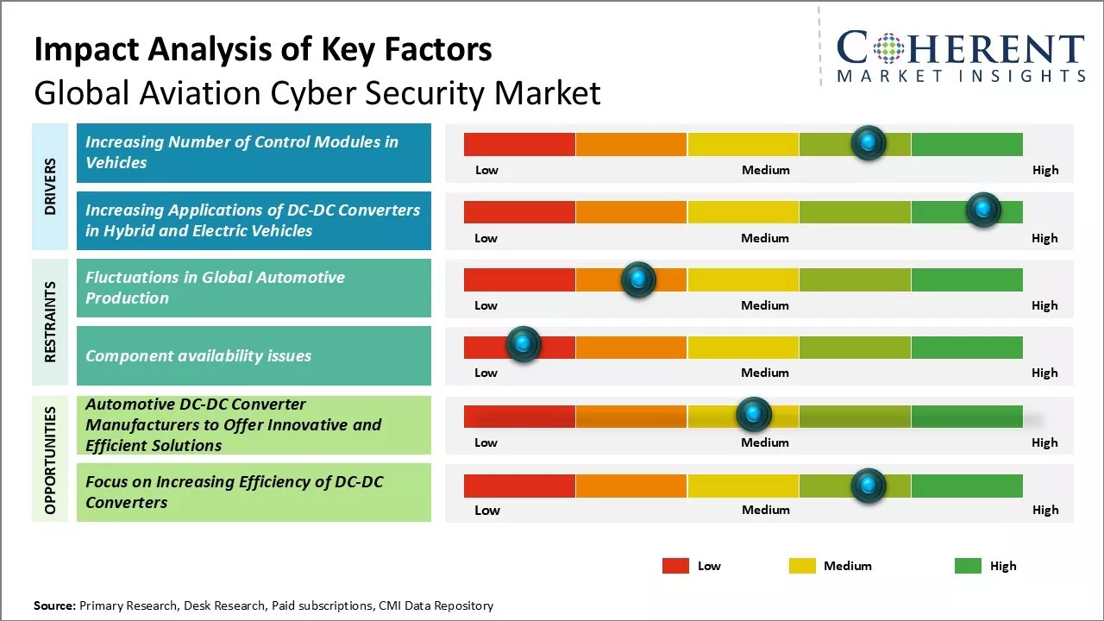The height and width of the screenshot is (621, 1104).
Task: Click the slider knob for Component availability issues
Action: (x=523, y=345)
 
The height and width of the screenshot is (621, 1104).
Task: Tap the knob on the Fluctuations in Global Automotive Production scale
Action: (x=638, y=279)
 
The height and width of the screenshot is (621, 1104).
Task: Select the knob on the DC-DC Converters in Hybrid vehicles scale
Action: (x=982, y=210)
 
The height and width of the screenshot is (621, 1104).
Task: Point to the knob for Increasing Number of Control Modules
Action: (x=869, y=142)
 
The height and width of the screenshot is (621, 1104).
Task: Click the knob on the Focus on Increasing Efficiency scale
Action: (x=869, y=486)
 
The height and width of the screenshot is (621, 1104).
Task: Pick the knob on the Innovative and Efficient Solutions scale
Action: (x=754, y=415)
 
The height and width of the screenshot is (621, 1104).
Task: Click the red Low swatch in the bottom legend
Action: (x=675, y=566)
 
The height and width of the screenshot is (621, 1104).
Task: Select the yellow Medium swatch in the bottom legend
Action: (x=802, y=566)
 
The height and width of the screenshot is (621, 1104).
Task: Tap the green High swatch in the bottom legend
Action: (x=968, y=566)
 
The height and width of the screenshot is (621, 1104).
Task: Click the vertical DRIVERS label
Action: (x=51, y=186)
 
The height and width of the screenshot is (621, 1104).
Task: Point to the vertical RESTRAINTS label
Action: (x=51, y=322)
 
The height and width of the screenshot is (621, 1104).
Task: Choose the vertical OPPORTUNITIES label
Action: (x=51, y=460)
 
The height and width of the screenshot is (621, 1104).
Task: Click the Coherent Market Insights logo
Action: (x=960, y=57)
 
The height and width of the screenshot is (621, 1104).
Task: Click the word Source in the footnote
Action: (x=54, y=605)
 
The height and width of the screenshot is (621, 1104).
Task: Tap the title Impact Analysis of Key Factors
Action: (x=263, y=49)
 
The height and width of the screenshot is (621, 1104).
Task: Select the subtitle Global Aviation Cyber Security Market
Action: (x=317, y=92)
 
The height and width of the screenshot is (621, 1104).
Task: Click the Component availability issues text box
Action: (x=254, y=355)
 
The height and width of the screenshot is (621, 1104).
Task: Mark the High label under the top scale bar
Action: (x=1045, y=170)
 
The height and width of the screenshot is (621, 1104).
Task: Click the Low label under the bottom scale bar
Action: (x=487, y=510)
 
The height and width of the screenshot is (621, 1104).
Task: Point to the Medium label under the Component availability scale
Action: (x=765, y=373)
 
